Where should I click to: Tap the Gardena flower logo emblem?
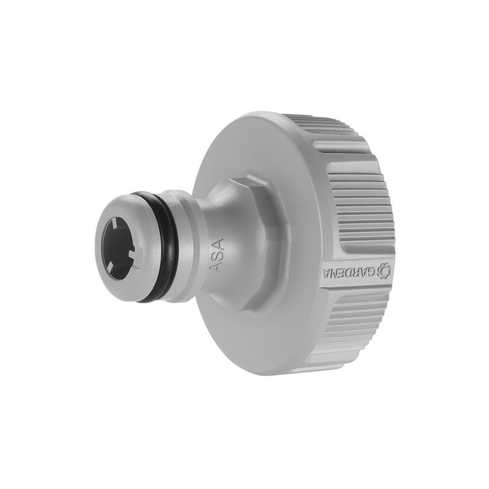pyautogui.click(x=384, y=270)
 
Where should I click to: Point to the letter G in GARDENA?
pyautogui.click(x=372, y=271)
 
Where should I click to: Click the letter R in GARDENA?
pyautogui.click(x=356, y=271)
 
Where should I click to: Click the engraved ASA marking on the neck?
pyautogui.click(x=217, y=256)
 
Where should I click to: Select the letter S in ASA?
pyautogui.click(x=217, y=256)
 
